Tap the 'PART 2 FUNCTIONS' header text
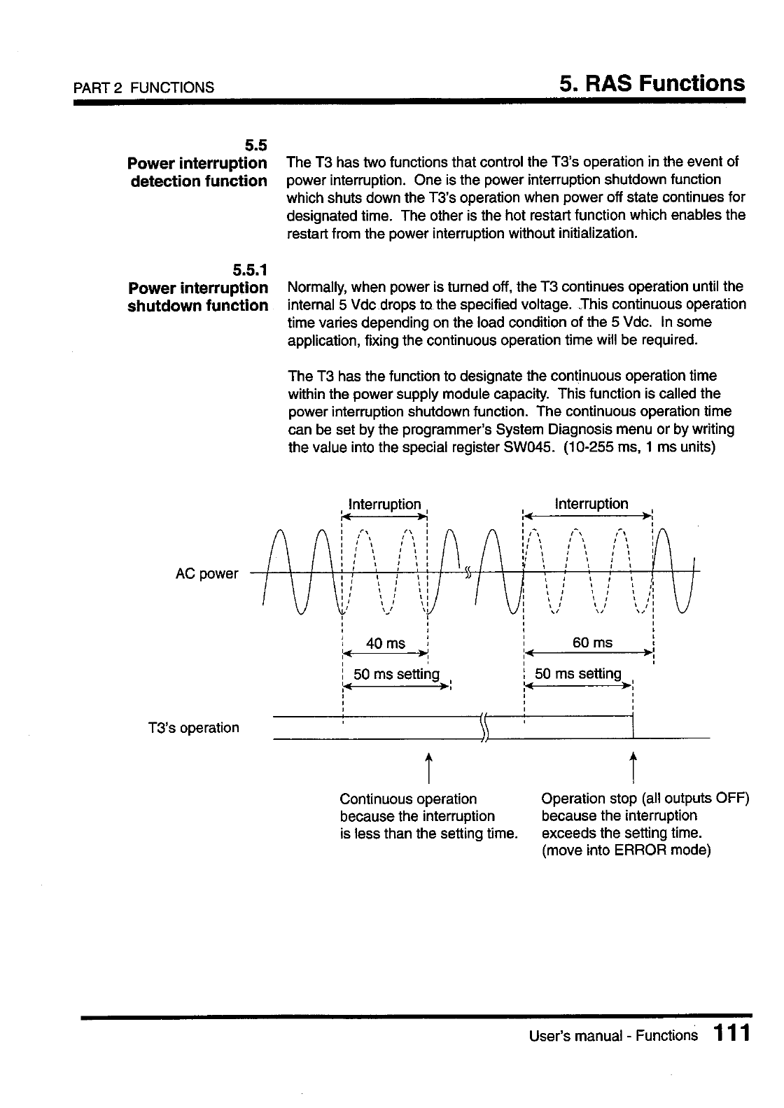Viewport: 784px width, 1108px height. point(145,87)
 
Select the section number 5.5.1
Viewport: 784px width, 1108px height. point(250,269)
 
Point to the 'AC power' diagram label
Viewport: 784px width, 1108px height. point(206,574)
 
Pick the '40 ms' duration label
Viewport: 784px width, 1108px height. point(386,643)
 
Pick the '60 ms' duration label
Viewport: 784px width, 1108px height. point(592,643)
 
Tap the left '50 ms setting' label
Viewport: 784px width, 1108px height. point(396,674)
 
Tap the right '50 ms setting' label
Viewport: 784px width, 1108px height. point(578,673)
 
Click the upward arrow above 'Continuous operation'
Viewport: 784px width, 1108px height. point(428,768)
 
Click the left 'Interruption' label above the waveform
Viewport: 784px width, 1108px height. point(385,504)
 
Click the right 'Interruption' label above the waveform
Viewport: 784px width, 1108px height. point(591,503)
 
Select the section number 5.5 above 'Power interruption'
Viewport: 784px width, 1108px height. point(255,146)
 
